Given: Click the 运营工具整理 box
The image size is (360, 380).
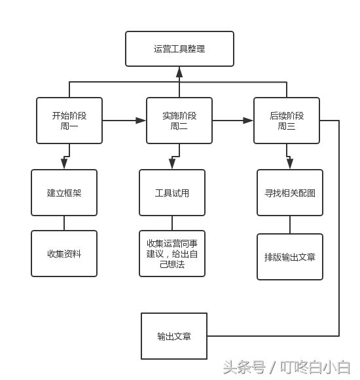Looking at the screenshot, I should pos(179,49).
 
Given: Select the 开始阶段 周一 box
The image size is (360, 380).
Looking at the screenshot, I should pos(69,121).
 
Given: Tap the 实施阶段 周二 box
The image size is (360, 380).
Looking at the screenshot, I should pos(179,121).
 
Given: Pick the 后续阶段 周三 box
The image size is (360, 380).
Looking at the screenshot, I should pos(287,121).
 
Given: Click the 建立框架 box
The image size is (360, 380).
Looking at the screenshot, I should pos(64,193).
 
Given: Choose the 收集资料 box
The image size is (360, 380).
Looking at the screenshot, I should pos(64,254).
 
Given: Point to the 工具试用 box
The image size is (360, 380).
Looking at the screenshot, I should pos(172,193).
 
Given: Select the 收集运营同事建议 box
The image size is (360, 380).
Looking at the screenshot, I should pos(172,254).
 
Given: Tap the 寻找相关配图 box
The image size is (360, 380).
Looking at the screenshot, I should pos(290,193).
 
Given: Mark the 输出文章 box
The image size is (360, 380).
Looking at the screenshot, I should pos(174,336).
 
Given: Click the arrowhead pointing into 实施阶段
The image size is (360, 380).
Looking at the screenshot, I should pos(141,121).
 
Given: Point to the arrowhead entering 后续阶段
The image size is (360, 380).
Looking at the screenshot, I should pos(249,121).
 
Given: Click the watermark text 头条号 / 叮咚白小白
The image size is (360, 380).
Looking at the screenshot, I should pos(286,366).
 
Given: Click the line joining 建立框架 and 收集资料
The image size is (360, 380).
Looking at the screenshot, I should pos(64,223).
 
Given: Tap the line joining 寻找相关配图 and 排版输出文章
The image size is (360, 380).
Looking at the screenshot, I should pos(290,225).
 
